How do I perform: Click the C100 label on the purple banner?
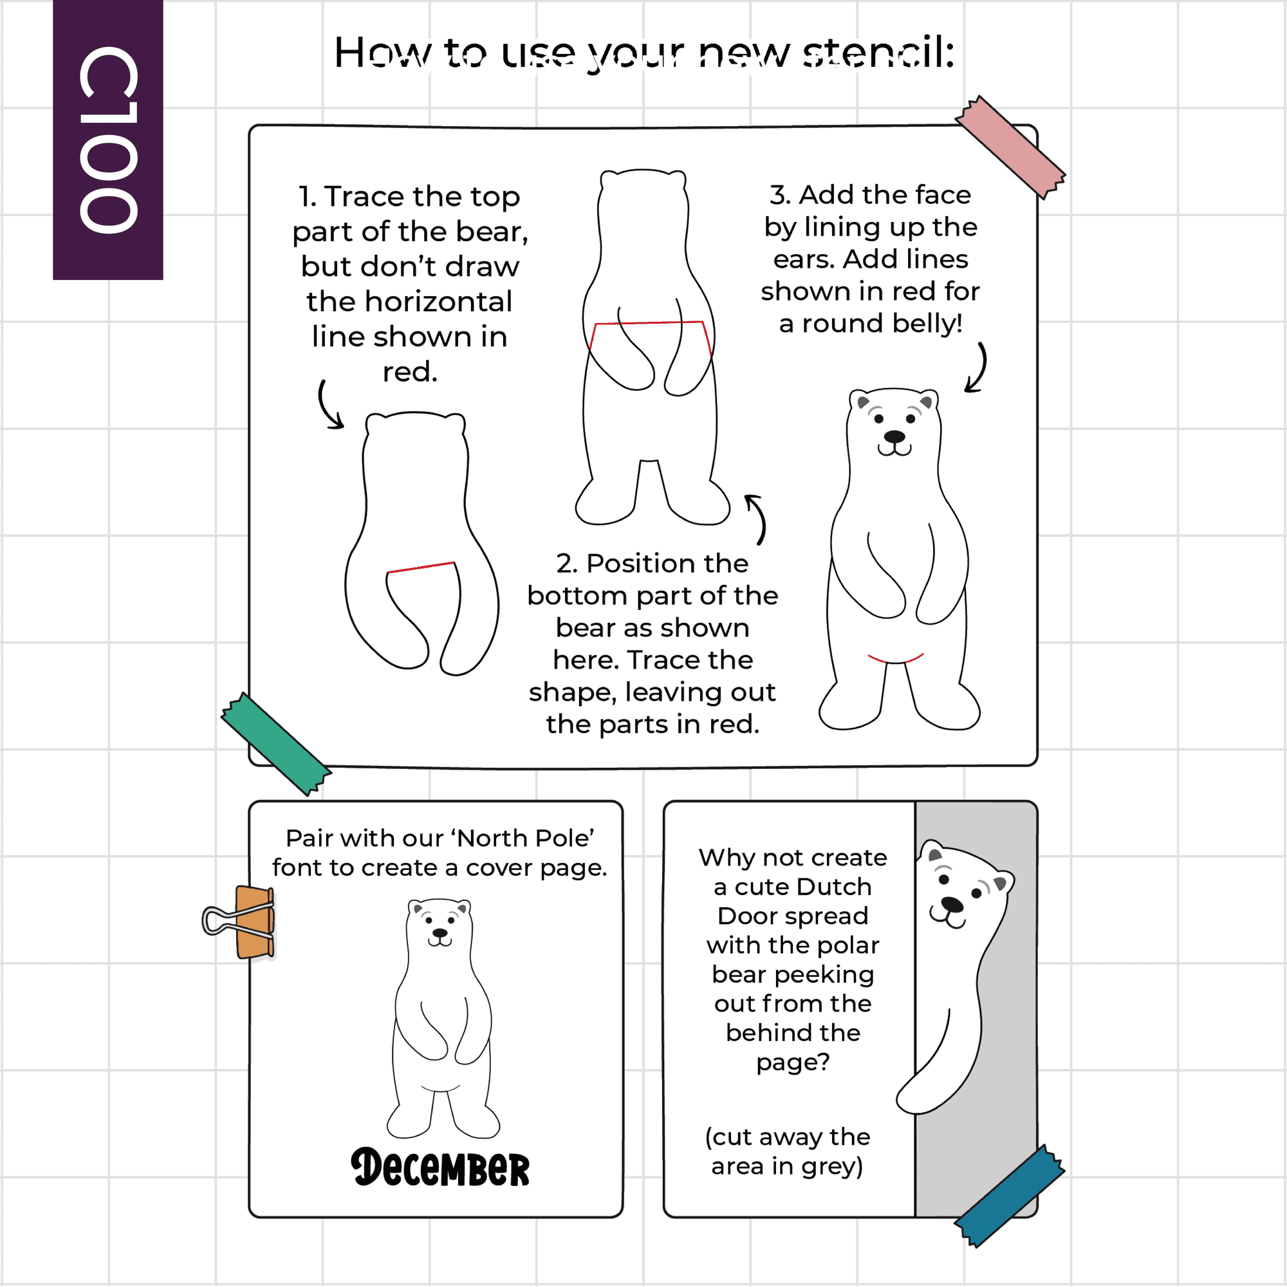click(x=109, y=140)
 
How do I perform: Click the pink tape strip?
click(x=1010, y=147)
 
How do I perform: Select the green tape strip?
click(x=276, y=744)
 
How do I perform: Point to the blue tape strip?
click(x=1009, y=1196)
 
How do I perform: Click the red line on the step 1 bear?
click(x=421, y=567)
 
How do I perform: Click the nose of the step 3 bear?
click(x=894, y=437)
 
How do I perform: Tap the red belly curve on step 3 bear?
click(x=896, y=661)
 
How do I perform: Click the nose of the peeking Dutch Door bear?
click(x=952, y=904)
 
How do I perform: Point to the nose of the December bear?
click(x=440, y=933)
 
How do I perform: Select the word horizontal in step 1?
click(x=410, y=302)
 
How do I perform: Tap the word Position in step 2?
click(x=667, y=564)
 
